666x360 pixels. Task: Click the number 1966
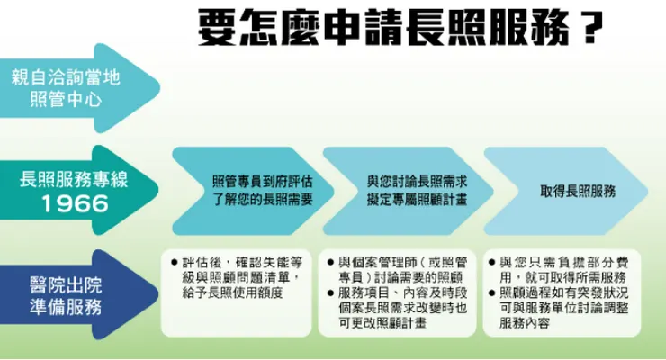point(75,204)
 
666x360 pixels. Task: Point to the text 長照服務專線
point(74,179)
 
